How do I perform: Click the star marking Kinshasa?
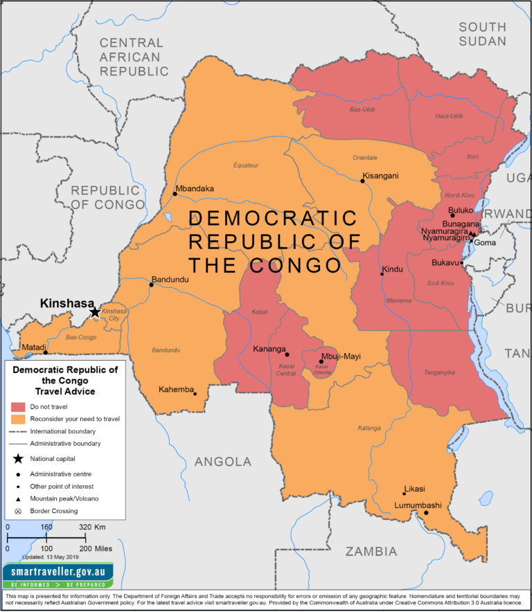pyautogui.click(x=95, y=312)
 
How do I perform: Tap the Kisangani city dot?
pyautogui.click(x=362, y=181)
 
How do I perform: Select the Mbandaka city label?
pyautogui.click(x=195, y=188)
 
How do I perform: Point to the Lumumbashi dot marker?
pyautogui.click(x=427, y=513)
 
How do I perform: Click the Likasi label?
pyautogui.click(x=416, y=489)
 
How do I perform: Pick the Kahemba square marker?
pyautogui.click(x=195, y=394)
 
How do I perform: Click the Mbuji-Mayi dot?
pyautogui.click(x=321, y=361)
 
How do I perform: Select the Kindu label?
pyautogui.click(x=392, y=269)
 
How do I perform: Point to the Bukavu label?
pyautogui.click(x=445, y=263)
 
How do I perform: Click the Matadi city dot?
pyautogui.click(x=46, y=352)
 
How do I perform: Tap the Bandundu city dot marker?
pyautogui.click(x=152, y=285)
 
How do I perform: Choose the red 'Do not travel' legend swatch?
pyautogui.click(x=18, y=406)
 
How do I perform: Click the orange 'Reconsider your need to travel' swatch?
pyautogui.click(x=18, y=418)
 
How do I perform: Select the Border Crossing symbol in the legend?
pyautogui.click(x=18, y=511)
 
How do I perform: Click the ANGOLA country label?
pyautogui.click(x=222, y=462)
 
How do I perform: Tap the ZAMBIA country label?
pyautogui.click(x=371, y=552)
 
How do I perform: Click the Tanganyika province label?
pyautogui.click(x=439, y=372)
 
